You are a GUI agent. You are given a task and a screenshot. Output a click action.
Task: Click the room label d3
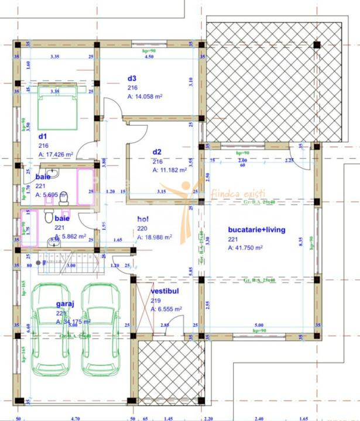[132, 78]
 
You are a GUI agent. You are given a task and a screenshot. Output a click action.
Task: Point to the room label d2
[157, 151]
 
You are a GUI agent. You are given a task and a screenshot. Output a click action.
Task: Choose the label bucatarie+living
[256, 230]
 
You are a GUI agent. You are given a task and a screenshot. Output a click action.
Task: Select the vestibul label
[164, 290]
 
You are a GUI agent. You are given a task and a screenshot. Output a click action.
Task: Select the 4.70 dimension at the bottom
[75, 419]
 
